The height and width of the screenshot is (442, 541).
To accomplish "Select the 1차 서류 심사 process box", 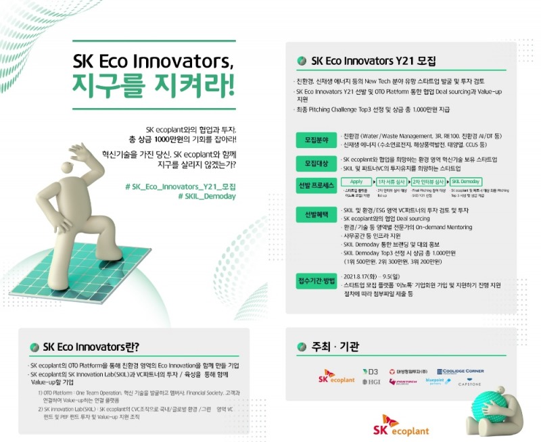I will [x=392, y=182].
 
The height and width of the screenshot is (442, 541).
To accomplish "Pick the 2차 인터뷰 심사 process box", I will [x=429, y=182].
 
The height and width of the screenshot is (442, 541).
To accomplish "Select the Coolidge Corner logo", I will [x=460, y=372].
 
